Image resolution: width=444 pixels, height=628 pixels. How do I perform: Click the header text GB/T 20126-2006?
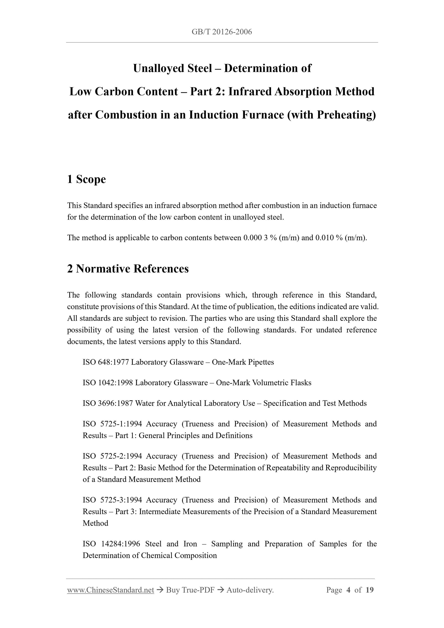coord(222,32)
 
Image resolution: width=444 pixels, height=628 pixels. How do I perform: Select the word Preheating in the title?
coord(345,115)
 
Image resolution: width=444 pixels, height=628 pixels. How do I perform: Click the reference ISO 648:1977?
coord(106,362)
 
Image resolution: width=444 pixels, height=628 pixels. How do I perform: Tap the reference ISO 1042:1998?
coord(108,383)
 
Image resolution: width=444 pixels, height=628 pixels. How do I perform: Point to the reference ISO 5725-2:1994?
coord(112,456)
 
